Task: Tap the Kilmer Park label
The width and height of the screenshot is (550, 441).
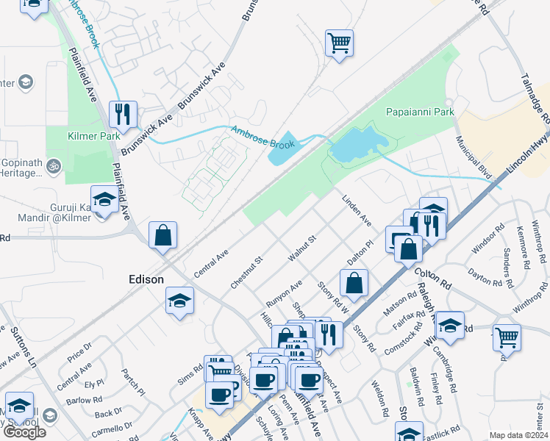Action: pyautogui.click(x=93, y=136)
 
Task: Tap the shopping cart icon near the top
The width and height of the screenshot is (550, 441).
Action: pyautogui.click(x=339, y=43)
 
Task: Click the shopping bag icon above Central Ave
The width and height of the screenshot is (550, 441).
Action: pyautogui.click(x=162, y=236)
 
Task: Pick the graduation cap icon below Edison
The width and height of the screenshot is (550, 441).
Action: pyautogui.click(x=179, y=301)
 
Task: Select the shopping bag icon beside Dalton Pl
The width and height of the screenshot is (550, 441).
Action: pyautogui.click(x=354, y=282)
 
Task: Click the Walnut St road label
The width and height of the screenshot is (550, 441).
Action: pyautogui.click(x=301, y=248)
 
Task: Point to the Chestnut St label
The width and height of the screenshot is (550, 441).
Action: pyautogui.click(x=246, y=272)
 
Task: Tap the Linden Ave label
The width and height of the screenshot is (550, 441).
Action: pyautogui.click(x=357, y=209)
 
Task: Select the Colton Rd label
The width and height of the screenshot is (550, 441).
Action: pyautogui.click(x=432, y=281)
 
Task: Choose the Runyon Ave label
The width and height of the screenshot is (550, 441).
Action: pyautogui.click(x=285, y=294)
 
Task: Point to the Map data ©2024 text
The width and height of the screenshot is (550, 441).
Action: pyautogui.click(x=519, y=435)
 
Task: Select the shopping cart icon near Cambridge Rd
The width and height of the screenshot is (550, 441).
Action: pyautogui.click(x=507, y=337)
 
